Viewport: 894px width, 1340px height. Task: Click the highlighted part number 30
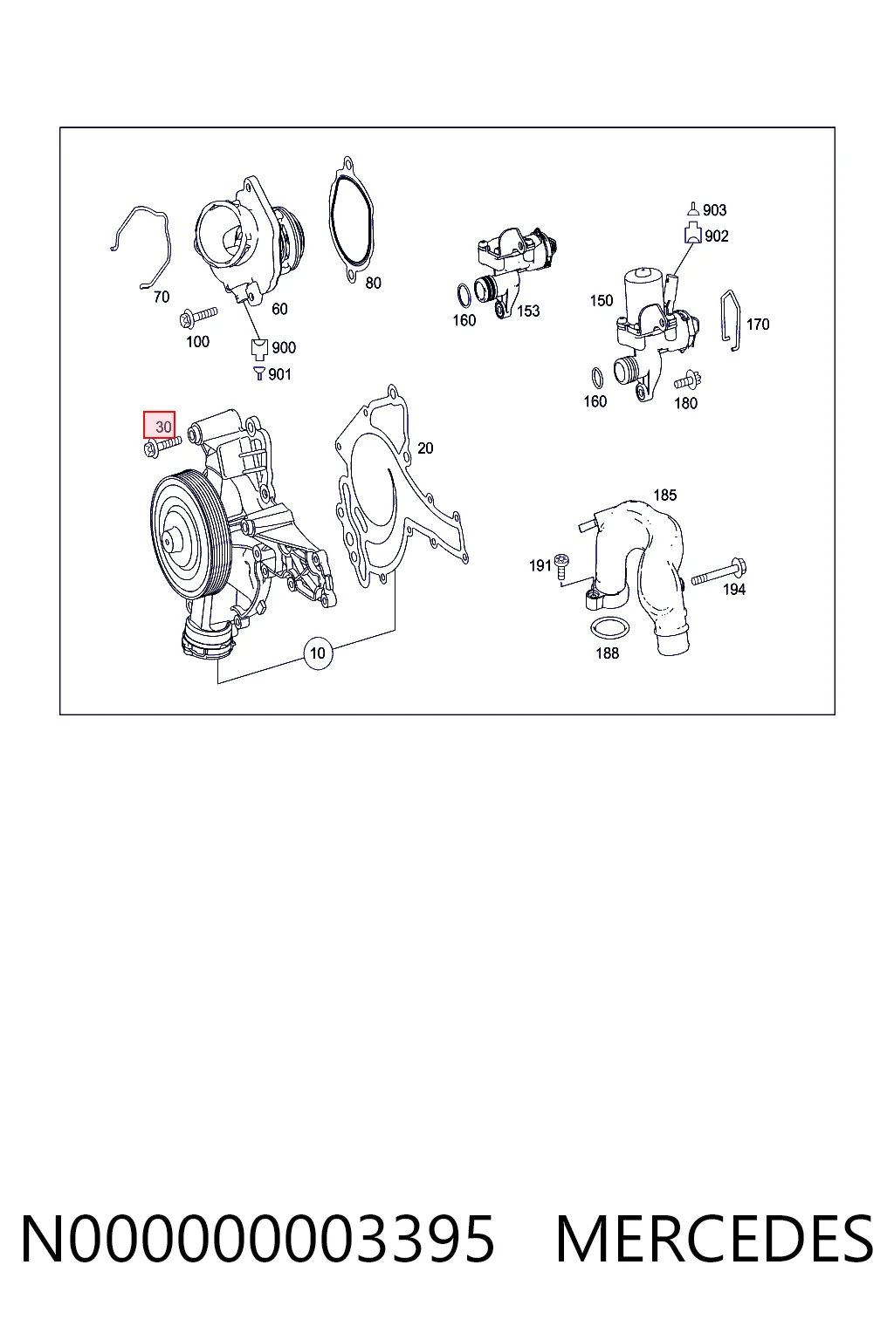click(159, 426)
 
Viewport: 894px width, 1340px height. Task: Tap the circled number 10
click(318, 653)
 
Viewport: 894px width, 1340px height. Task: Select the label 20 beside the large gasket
click(425, 448)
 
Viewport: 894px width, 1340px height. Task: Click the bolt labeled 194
click(719, 571)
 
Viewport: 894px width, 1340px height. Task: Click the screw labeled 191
click(561, 565)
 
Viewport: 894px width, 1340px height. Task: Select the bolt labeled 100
click(198, 317)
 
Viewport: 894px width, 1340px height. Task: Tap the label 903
click(714, 210)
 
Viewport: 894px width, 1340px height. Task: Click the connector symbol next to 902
click(692, 233)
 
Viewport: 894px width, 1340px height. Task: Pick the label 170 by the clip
click(758, 325)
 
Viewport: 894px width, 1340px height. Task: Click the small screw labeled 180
click(688, 380)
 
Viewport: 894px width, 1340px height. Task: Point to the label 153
click(528, 311)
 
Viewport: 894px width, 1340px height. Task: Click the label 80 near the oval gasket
click(373, 283)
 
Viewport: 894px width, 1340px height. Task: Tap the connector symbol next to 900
click(259, 347)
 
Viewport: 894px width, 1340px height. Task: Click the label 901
click(279, 374)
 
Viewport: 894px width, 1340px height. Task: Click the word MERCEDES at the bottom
click(714, 1239)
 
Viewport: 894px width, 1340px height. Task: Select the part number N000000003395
click(258, 1239)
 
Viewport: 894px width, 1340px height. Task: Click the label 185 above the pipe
click(664, 496)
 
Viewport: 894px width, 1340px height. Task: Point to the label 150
click(602, 300)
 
